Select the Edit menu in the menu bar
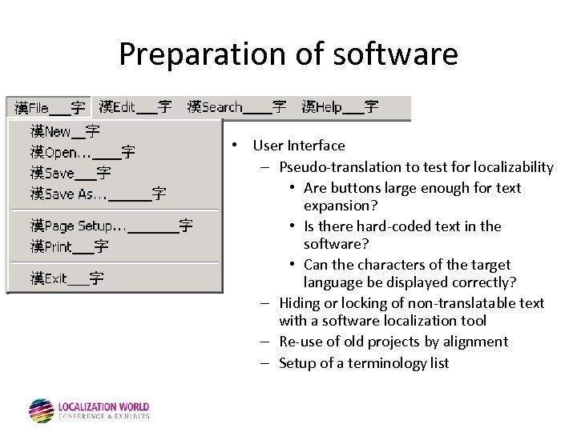[135, 107]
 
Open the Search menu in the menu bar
[236, 107]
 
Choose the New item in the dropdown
[65, 131]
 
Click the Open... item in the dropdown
[83, 152]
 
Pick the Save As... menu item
[98, 194]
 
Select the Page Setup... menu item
[111, 226]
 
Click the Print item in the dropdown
[69, 247]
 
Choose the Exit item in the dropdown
[67, 278]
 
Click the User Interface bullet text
[299, 146]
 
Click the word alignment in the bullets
[477, 342]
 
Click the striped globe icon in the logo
[41, 410]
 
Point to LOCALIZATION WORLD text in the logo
[103, 407]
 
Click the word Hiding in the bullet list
[298, 303]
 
